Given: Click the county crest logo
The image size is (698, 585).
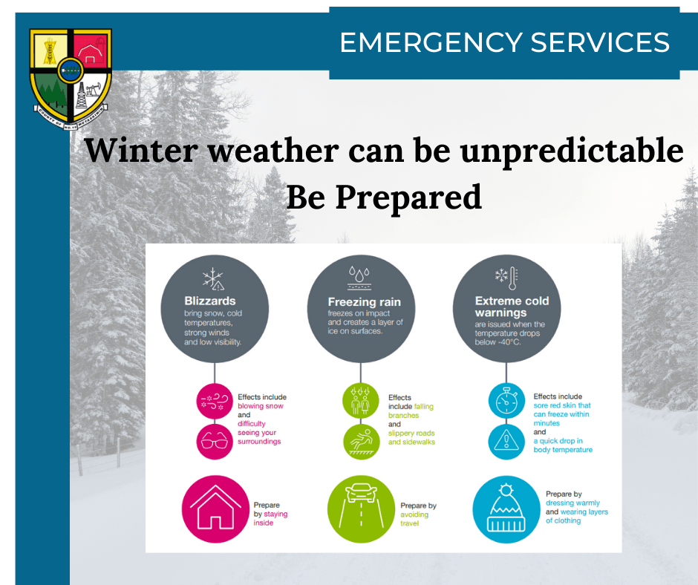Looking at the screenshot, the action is tap(71, 79).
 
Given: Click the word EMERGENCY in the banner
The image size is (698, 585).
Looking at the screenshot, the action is tap(431, 43).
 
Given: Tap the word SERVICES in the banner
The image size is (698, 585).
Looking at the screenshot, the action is tap(600, 43).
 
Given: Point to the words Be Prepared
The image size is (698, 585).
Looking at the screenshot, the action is tap(384, 197).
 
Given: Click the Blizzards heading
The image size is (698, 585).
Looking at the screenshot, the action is tap(210, 301).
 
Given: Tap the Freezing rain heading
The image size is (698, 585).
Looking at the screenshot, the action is tap(364, 302).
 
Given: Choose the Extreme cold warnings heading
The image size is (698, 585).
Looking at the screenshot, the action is tap(512, 307).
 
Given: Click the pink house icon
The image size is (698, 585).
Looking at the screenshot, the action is tap(215, 509).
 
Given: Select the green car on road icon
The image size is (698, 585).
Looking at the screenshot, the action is tap(361, 509).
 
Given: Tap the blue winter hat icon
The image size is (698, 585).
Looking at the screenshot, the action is tap(506, 509).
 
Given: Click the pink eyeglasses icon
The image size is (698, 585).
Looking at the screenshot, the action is tap(215, 442).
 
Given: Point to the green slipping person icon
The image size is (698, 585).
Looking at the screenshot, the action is tap(361, 442).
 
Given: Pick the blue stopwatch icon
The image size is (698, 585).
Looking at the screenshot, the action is tap(506, 400).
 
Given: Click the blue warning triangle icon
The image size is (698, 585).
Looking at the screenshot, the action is tap(506, 442).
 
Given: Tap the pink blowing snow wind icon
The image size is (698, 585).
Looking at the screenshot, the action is tap(215, 401).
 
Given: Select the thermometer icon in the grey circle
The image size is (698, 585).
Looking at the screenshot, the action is tap(513, 278).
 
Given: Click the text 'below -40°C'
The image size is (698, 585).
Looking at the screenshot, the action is tap(498, 342).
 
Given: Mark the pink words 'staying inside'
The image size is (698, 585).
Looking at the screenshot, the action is tap(270, 518).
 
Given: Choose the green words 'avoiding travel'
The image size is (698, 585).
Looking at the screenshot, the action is tap(414, 519).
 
